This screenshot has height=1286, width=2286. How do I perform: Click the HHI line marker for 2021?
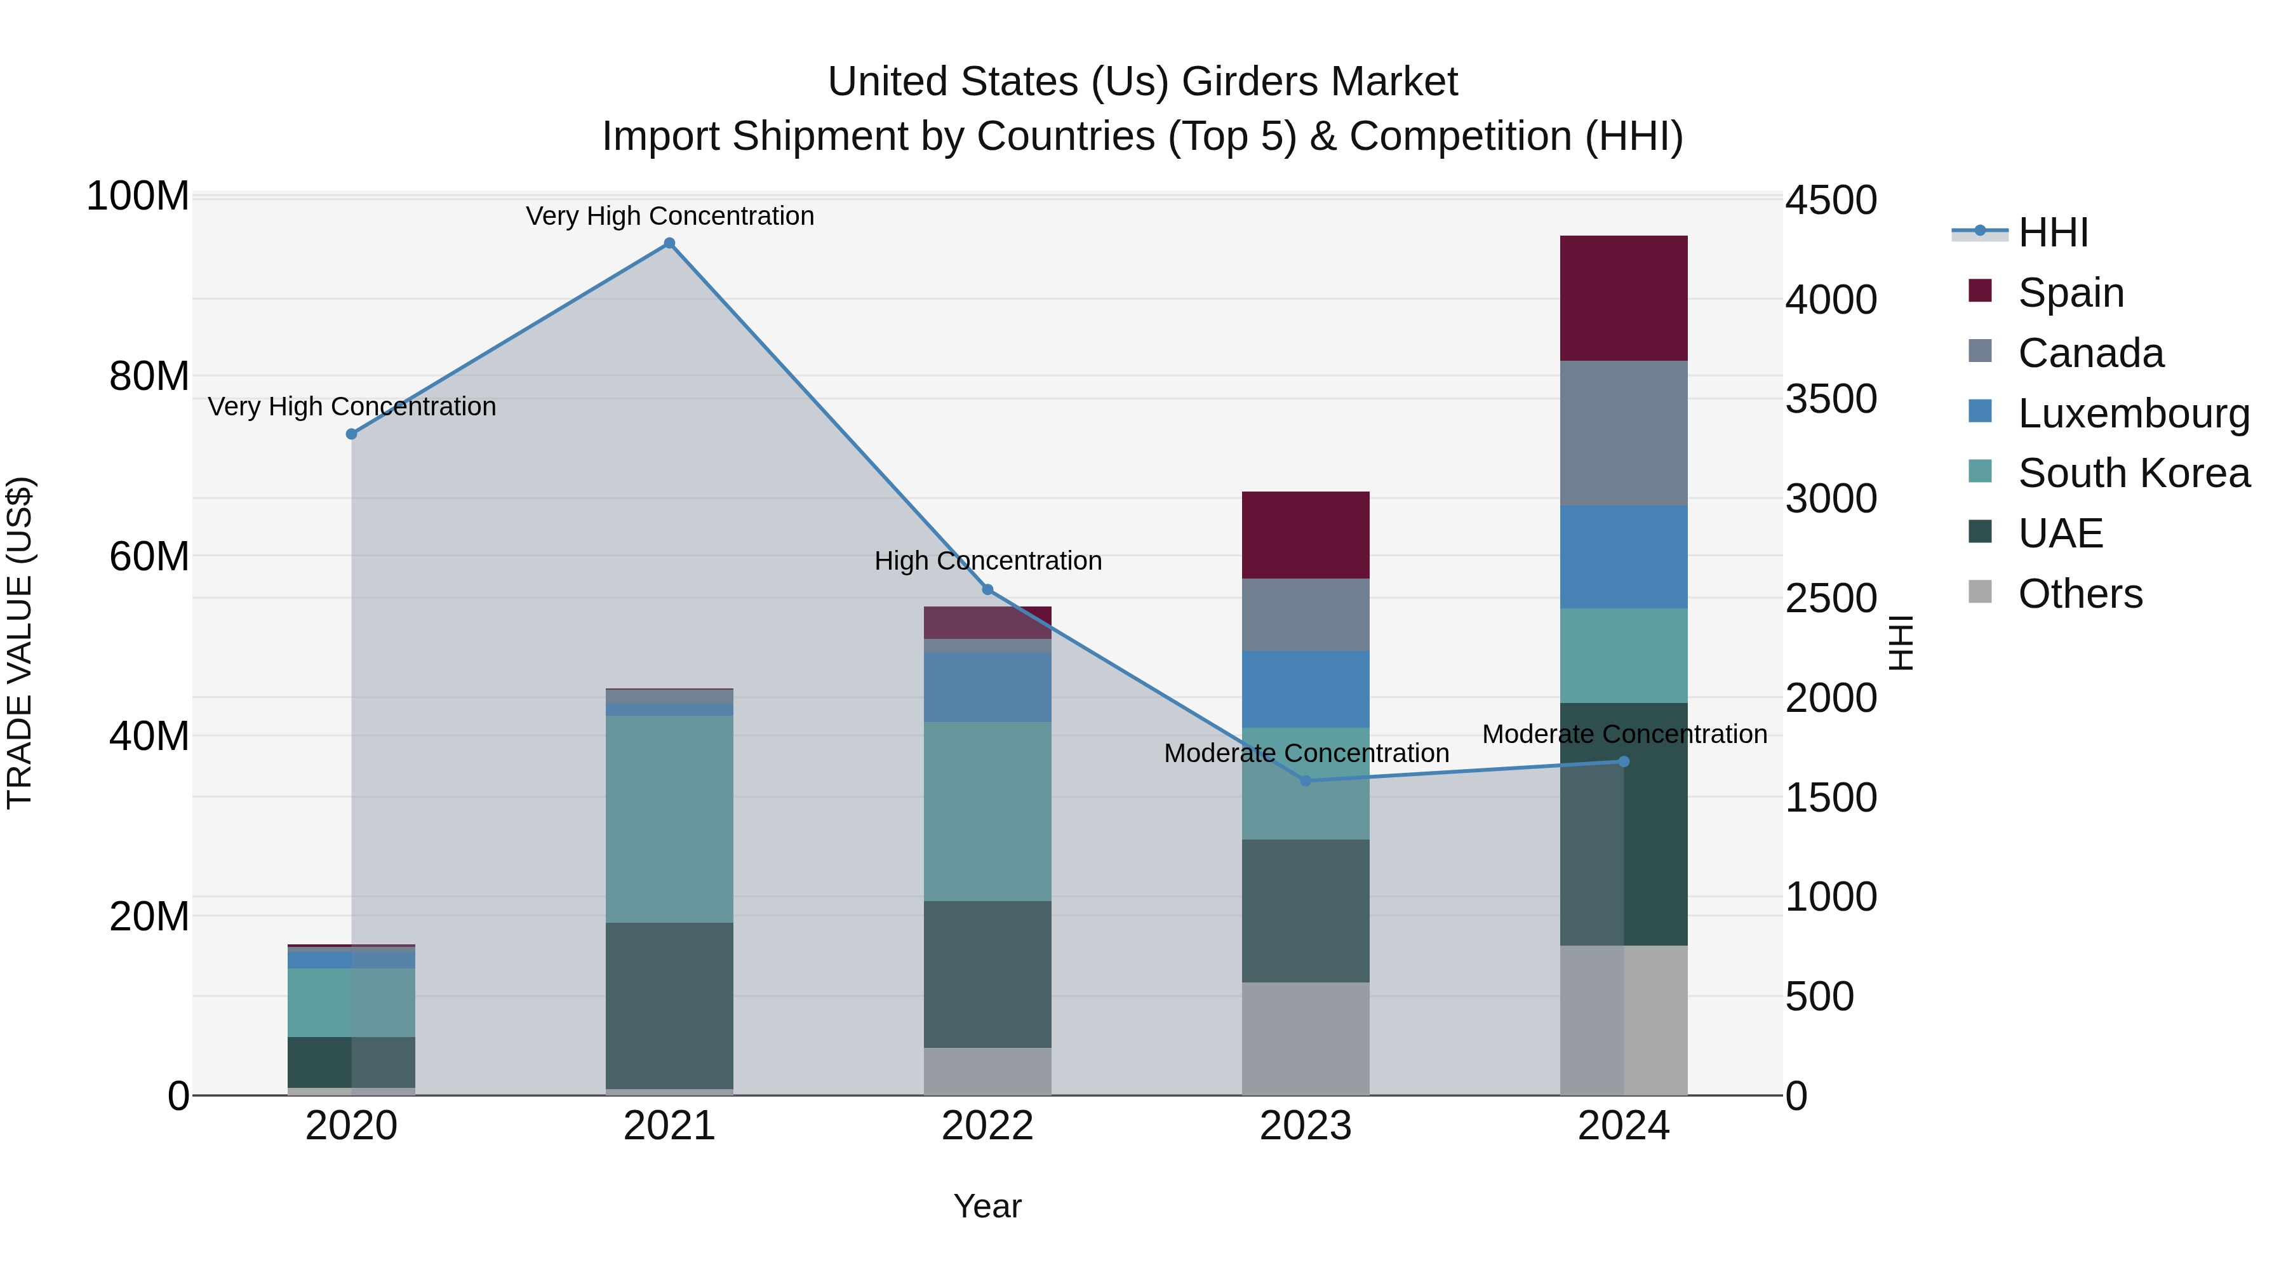(x=669, y=243)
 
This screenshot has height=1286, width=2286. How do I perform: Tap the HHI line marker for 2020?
(x=351, y=434)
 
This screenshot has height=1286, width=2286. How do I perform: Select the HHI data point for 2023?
(x=1306, y=781)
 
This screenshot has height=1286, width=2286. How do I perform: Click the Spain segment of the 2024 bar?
(x=1623, y=298)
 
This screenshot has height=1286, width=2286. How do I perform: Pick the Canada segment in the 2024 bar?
(x=1623, y=433)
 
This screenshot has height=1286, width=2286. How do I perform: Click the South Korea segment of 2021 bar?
(x=669, y=819)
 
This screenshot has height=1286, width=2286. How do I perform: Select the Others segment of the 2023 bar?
(x=1306, y=1038)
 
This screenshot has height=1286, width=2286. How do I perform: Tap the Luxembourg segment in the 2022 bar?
(x=987, y=687)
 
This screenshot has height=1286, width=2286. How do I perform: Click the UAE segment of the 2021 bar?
(x=669, y=1005)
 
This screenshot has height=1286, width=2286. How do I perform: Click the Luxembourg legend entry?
(x=2134, y=413)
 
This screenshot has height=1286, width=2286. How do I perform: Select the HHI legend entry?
(x=2052, y=232)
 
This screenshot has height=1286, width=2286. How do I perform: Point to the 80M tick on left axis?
(x=148, y=377)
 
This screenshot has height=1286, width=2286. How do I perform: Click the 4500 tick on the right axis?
(x=1831, y=201)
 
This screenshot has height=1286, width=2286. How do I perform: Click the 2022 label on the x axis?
(x=987, y=1126)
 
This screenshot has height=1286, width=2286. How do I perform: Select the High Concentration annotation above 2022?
(x=987, y=561)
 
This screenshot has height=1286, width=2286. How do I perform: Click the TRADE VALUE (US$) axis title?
(x=20, y=643)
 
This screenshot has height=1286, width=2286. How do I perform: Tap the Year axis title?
(x=987, y=1206)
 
